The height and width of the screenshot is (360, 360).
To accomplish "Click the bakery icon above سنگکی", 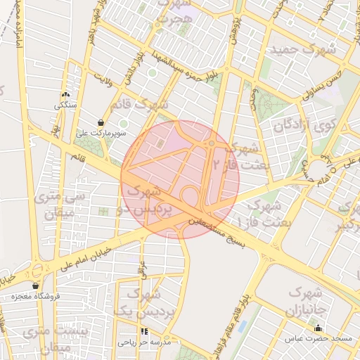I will tap(65, 95).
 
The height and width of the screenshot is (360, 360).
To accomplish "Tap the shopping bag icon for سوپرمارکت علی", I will tap(102, 122).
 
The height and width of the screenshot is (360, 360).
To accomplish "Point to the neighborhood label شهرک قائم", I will tap(144, 104).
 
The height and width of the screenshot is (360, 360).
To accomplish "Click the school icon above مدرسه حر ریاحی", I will tap(145, 330).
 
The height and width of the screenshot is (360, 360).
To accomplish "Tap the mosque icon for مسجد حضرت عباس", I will tap(318, 327).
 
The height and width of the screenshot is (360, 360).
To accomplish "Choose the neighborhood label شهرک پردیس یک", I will tap(145, 302).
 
